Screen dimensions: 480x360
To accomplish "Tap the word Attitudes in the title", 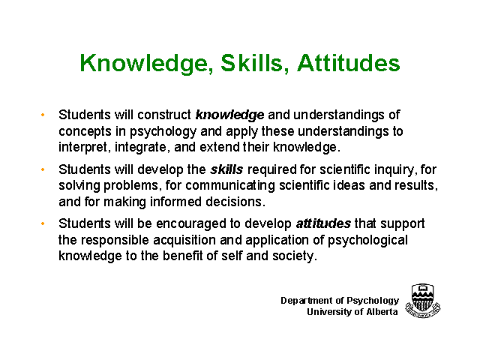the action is [x=348, y=63].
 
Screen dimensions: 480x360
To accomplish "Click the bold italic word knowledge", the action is [x=229, y=115].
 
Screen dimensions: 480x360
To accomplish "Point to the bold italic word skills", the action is [x=226, y=169].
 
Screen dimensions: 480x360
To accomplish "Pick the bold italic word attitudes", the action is [x=323, y=223].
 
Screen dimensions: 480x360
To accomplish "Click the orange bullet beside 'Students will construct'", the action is [x=43, y=115].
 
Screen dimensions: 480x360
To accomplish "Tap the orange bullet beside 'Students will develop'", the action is [x=43, y=169].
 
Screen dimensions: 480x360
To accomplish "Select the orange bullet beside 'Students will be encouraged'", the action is [x=43, y=223].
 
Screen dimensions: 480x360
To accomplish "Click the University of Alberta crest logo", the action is [x=423, y=301].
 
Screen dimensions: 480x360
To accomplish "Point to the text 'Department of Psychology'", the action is [x=340, y=301].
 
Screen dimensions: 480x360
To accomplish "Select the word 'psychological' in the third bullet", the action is [x=368, y=241].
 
